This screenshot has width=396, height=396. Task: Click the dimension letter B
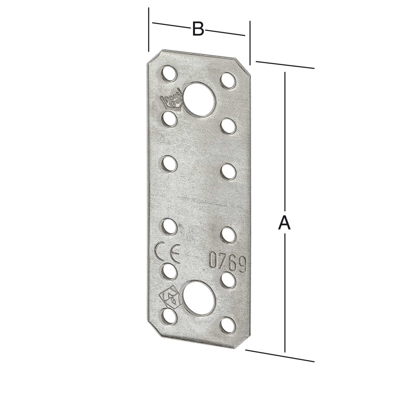click(198, 29)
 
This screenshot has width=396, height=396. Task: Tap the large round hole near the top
click(199, 99)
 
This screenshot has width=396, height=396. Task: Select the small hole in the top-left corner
click(168, 73)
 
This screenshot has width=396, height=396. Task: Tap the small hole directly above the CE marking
click(170, 226)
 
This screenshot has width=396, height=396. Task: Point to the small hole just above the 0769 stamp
click(228, 234)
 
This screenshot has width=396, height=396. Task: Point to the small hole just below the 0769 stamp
click(227, 279)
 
